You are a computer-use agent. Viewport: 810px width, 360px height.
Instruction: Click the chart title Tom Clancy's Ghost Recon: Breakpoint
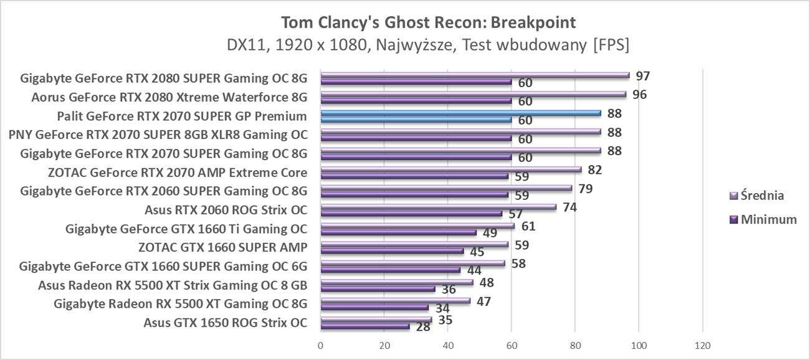pyautogui.click(x=428, y=22)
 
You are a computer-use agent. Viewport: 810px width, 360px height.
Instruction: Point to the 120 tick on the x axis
pyautogui.click(x=702, y=346)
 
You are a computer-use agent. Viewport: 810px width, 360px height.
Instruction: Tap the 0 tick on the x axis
pyautogui.click(x=320, y=346)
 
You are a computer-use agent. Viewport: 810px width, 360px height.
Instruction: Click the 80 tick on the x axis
pyautogui.click(x=575, y=346)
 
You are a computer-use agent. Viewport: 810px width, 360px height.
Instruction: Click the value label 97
pyautogui.click(x=643, y=76)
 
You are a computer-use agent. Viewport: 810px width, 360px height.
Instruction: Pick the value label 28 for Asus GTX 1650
pyautogui.click(x=422, y=327)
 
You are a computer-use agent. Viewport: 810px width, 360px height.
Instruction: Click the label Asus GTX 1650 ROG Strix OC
pyautogui.click(x=225, y=323)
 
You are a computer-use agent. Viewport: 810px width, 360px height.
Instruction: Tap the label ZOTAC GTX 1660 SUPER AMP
pyautogui.click(x=223, y=247)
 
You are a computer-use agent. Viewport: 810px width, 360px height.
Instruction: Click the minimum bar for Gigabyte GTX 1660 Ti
pyautogui.click(x=398, y=232)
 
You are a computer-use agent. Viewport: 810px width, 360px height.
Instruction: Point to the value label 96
pyautogui.click(x=639, y=95)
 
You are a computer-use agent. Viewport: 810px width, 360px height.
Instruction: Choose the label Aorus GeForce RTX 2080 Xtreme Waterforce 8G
pyautogui.click(x=169, y=97)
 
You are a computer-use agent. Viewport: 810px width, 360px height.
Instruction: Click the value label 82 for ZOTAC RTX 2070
pyautogui.click(x=594, y=169)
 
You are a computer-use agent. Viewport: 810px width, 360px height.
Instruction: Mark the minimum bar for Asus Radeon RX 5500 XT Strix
pyautogui.click(x=378, y=288)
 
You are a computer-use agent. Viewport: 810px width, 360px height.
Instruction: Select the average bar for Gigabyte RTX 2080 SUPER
pyautogui.click(x=474, y=75)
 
